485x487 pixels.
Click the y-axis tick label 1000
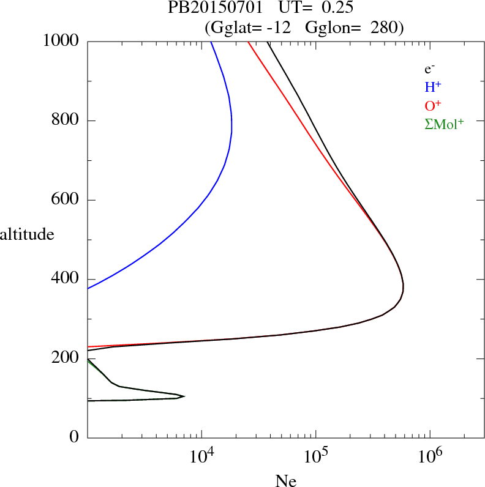coord(61,41)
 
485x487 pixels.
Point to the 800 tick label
coord(65,121)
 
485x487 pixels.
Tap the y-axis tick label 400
coord(65,279)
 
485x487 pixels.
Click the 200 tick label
coord(65,359)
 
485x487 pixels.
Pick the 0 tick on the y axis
coord(74,437)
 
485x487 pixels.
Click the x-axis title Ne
coord(285,480)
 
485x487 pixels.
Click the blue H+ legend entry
coord(434,87)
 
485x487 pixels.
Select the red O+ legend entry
coord(434,105)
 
